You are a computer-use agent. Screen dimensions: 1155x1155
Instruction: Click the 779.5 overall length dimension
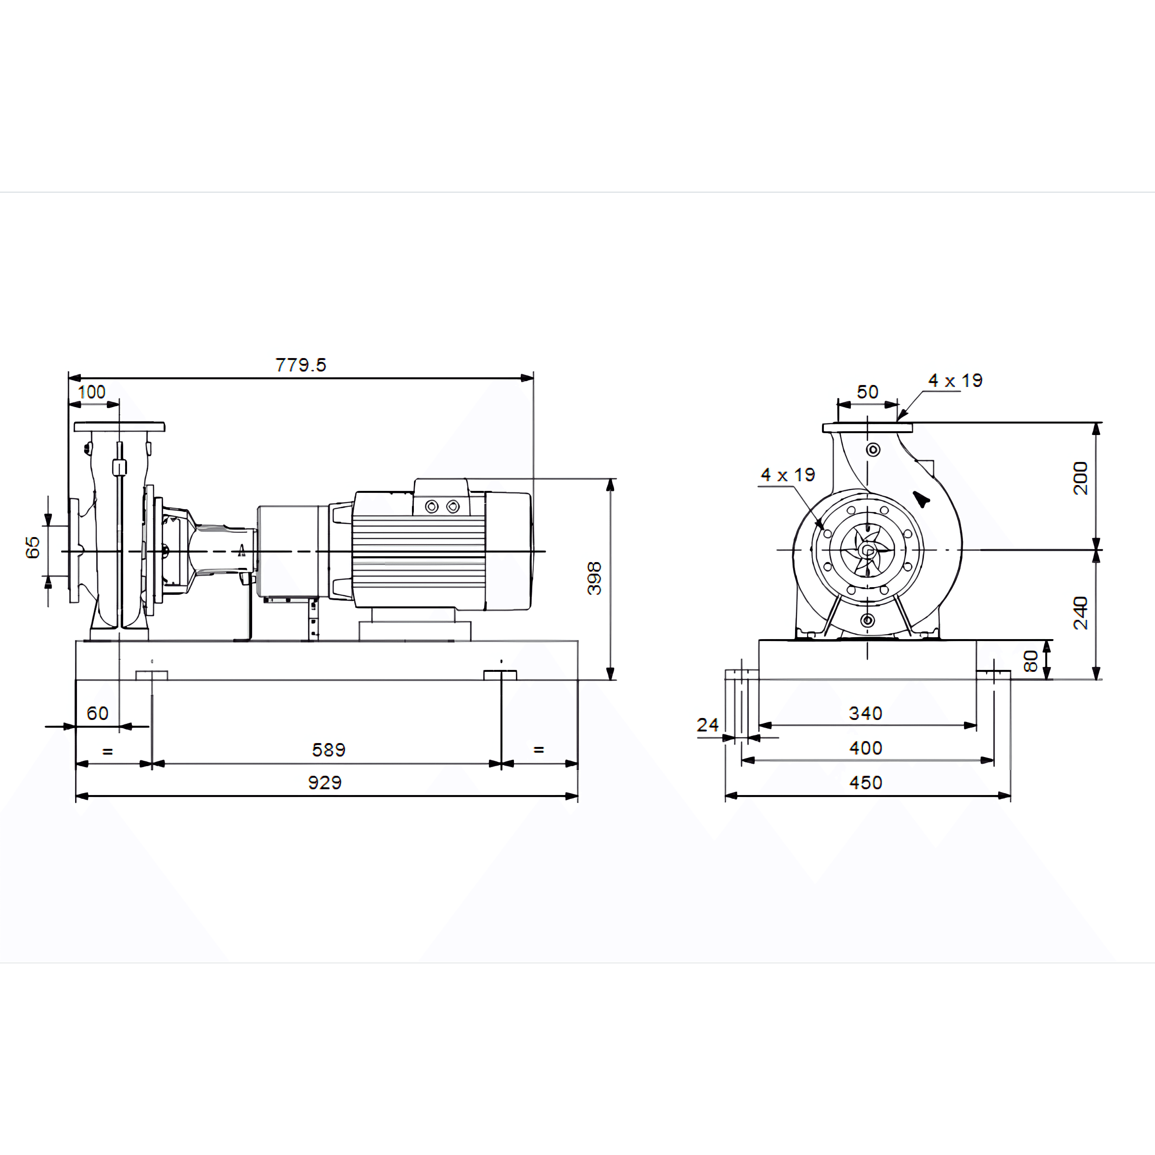tap(301, 365)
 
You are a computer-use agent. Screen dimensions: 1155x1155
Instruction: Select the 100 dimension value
tap(91, 392)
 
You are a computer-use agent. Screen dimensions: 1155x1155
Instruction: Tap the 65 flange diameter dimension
tap(32, 547)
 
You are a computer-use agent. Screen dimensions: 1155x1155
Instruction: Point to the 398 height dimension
tap(594, 578)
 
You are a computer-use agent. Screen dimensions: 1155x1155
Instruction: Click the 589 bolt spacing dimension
tap(329, 750)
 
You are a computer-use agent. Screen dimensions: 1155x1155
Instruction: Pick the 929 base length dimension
tap(325, 783)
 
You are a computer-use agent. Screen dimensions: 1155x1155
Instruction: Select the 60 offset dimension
tap(97, 713)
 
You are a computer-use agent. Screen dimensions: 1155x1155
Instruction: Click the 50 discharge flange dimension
tap(867, 392)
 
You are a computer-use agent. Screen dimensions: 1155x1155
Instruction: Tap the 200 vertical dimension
tap(1081, 478)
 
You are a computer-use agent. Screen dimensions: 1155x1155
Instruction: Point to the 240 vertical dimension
tap(1081, 613)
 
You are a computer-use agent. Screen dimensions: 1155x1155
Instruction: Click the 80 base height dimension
tap(1031, 661)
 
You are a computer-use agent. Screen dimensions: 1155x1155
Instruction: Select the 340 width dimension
tap(866, 713)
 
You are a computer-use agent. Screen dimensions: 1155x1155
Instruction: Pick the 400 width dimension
tap(866, 748)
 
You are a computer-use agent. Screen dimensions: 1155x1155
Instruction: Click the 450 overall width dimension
tap(866, 783)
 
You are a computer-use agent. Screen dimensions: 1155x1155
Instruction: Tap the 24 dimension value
tap(707, 725)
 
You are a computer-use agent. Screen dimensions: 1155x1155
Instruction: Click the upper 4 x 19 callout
tap(955, 381)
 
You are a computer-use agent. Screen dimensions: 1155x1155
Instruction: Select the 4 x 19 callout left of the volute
tap(788, 475)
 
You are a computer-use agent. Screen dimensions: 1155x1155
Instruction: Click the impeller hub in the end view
tap(867, 550)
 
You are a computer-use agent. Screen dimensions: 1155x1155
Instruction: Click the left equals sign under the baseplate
tap(108, 751)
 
